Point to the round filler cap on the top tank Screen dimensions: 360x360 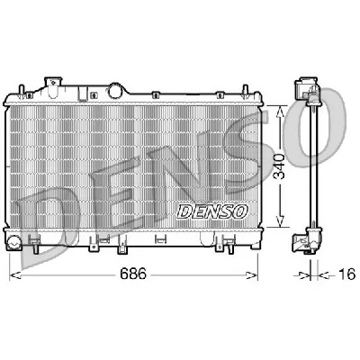click(x=117, y=89)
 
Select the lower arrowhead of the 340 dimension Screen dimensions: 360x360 click(x=280, y=227)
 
